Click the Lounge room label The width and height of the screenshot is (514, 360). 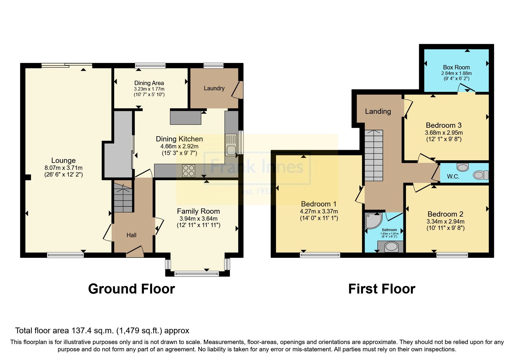(63, 161)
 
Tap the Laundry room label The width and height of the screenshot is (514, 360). (214, 88)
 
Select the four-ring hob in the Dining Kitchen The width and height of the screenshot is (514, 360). (189, 171)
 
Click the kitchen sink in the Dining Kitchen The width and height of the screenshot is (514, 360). (231, 145)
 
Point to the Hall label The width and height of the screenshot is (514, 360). (131, 235)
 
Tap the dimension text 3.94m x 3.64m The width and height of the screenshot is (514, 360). (198, 219)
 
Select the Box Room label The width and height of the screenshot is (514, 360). (456, 67)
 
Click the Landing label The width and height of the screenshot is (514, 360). (378, 111)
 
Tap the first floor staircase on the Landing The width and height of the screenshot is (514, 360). (374, 156)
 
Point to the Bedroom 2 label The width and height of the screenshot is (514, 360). (445, 214)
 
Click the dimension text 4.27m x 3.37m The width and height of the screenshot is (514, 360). (319, 211)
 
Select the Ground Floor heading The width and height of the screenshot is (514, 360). (131, 289)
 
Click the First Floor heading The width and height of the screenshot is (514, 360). (381, 289)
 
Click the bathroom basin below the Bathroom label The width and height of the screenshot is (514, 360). (391, 247)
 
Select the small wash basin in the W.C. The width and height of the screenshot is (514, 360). (463, 167)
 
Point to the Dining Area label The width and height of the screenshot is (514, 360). (149, 83)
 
